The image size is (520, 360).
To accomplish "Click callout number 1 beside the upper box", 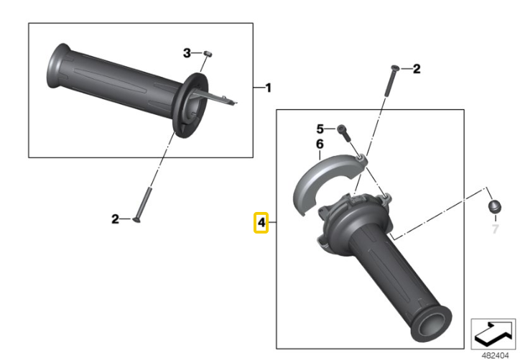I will pos(268,88).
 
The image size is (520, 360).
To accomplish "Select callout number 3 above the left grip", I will pos(187,52).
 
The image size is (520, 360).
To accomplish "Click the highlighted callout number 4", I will pos(261,223).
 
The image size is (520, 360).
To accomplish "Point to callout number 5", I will pos(321,129).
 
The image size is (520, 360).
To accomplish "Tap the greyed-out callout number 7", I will pos(494,229).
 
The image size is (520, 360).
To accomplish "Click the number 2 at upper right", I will pos(416,69).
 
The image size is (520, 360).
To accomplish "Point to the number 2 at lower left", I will pos(115,219).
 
